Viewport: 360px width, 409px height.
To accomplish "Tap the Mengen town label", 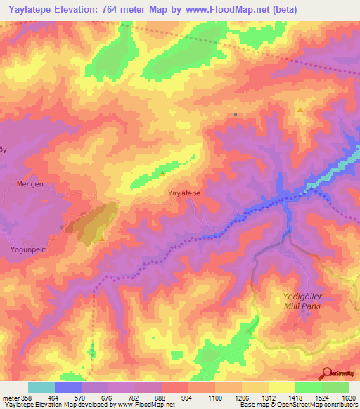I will coord(30,184).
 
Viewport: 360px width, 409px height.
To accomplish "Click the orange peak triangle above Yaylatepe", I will coord(162,173).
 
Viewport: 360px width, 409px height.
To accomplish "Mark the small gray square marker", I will coord(236,115).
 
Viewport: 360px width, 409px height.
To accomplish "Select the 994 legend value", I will coord(186,398).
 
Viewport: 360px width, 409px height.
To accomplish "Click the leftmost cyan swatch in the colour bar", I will coord(41,387).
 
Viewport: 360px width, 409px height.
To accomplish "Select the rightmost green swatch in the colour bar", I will coord(335,387).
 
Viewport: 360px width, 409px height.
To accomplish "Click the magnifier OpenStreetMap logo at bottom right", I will coord(326,372).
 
